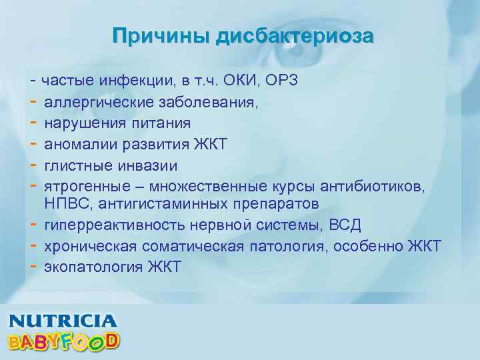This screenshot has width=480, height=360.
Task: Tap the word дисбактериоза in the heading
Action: click(x=294, y=35)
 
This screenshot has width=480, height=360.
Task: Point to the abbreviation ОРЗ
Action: click(x=282, y=81)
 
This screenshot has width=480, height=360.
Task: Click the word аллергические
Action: click(x=99, y=103)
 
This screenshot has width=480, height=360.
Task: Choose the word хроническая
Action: click(x=89, y=247)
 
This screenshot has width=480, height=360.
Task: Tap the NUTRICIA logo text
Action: click(x=63, y=320)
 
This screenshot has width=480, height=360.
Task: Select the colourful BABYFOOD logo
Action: click(x=64, y=341)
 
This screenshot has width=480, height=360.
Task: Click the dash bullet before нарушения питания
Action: click(x=33, y=123)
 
